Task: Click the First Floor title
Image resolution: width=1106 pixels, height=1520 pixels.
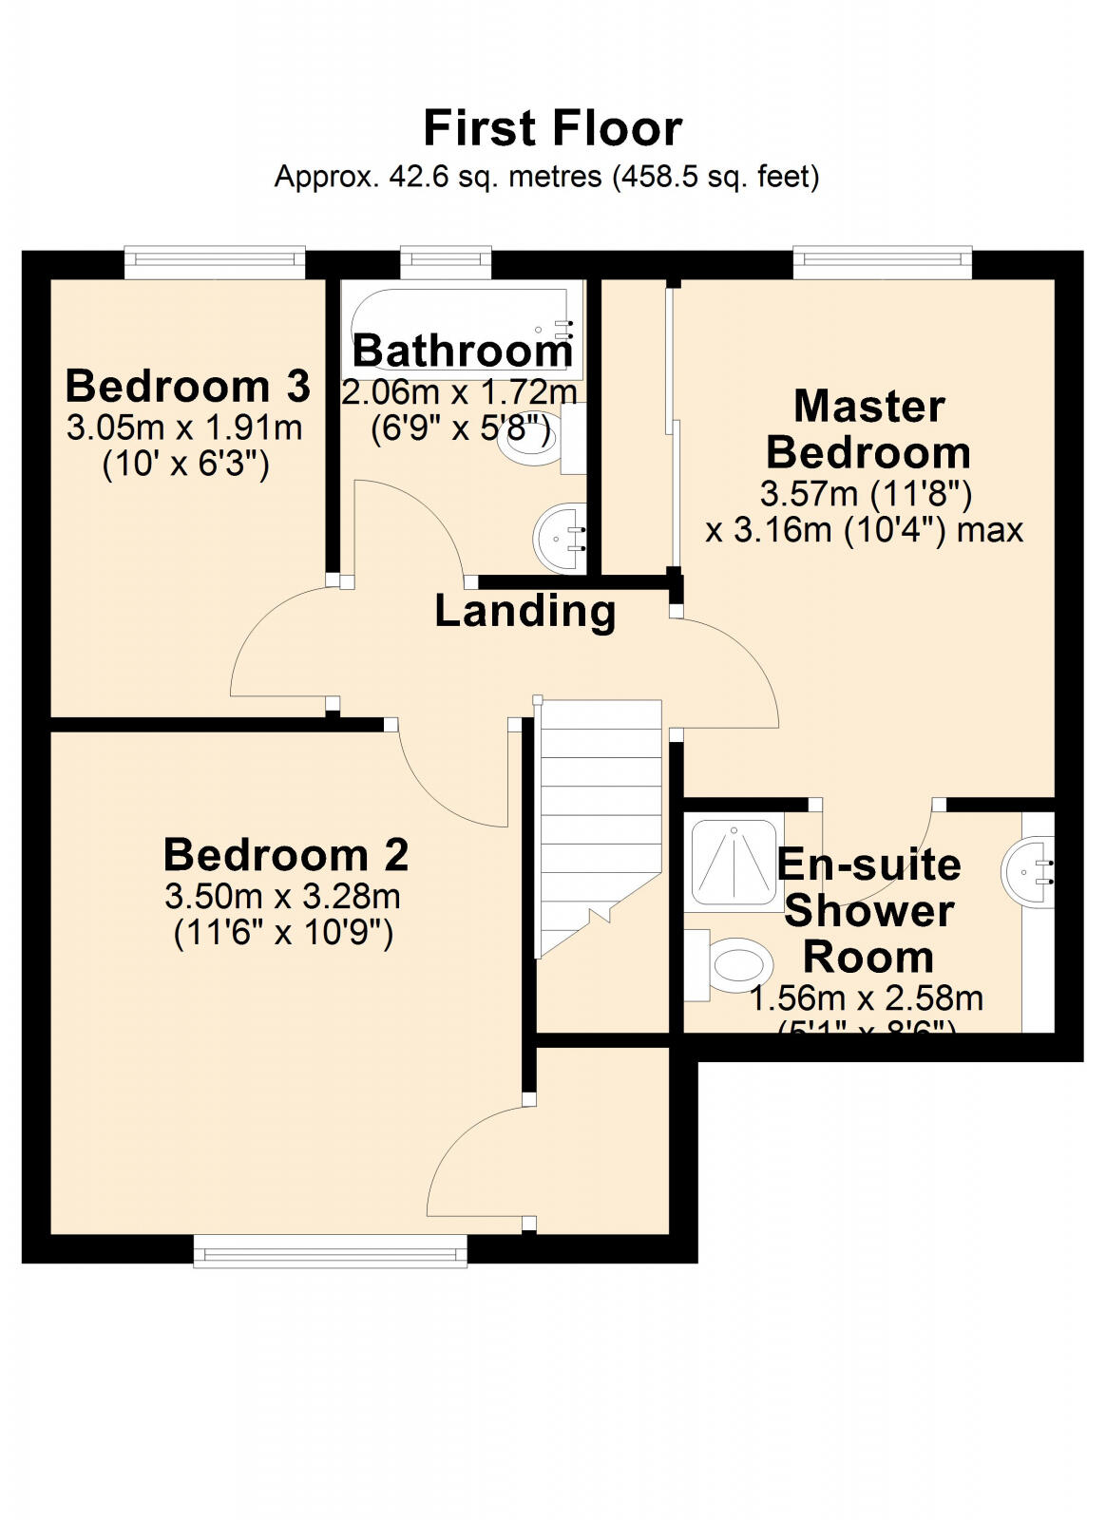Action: tap(552, 128)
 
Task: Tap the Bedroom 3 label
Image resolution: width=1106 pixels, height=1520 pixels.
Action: tap(187, 387)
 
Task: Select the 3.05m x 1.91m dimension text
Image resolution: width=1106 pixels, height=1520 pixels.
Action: tap(184, 427)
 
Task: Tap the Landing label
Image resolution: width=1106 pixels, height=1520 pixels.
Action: tap(524, 611)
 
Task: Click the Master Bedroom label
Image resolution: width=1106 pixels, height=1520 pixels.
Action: tap(868, 429)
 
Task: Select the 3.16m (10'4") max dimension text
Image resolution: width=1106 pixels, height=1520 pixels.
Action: tap(864, 530)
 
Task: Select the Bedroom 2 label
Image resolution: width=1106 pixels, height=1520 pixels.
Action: tap(285, 855)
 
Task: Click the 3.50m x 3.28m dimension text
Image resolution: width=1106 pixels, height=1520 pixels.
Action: tap(282, 896)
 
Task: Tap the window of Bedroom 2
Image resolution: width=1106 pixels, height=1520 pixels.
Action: tap(331, 1250)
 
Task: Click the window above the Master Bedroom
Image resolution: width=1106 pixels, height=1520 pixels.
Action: tap(883, 262)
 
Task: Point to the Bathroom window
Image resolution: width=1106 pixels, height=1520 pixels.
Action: tap(446, 262)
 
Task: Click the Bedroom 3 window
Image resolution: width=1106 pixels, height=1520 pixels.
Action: tap(215, 262)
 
